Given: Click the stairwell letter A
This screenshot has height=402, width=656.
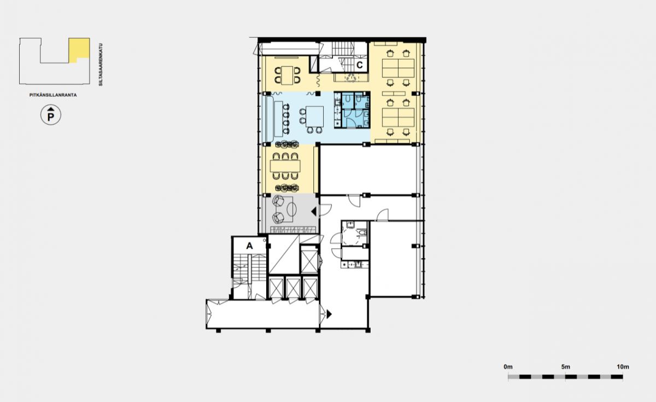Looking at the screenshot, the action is pos(249,246).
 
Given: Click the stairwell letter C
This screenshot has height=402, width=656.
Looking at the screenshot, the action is pos(360,65).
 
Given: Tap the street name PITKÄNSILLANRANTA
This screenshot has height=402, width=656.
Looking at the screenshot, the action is pos(53,95).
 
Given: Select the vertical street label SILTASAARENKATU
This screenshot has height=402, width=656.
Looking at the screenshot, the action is pos(101,65).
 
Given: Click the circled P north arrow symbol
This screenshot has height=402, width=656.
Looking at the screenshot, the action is pos(51,115).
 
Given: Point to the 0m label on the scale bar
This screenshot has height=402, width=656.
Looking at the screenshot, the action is pos(508,367).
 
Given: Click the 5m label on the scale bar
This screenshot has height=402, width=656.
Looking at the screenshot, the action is pos(566,367).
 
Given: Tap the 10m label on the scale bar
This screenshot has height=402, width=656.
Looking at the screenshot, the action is pos(623,367).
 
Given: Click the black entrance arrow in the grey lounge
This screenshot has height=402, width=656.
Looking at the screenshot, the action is pos(314,212).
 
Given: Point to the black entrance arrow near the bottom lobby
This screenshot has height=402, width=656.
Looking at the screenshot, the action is pos(329,314).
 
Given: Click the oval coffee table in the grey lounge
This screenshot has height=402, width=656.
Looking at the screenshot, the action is pos(291,209).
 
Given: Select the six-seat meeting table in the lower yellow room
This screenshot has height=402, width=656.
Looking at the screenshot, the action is pos(285,166).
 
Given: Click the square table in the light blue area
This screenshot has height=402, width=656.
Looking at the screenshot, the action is pos(314,116).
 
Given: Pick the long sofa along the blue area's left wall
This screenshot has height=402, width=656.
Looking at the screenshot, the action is pos(270,118).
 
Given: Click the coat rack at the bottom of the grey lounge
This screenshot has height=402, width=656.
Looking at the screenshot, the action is pos(293,230).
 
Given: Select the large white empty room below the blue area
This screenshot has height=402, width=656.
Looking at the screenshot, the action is pos(367,170).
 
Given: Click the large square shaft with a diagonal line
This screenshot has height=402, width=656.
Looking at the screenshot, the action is pos(284,254).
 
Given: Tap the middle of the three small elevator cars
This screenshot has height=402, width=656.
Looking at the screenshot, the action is pos(293,288).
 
